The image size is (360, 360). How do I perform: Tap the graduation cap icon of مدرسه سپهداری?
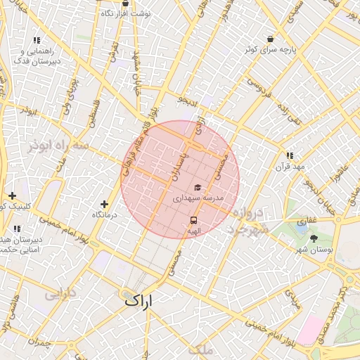pos(198,188)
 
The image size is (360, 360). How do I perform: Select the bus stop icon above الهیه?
pos(193,220)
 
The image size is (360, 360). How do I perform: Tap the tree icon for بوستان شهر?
pos(313,239)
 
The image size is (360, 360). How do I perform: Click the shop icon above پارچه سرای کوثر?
pos(271,39)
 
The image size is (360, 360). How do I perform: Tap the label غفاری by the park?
pos(306,221)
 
